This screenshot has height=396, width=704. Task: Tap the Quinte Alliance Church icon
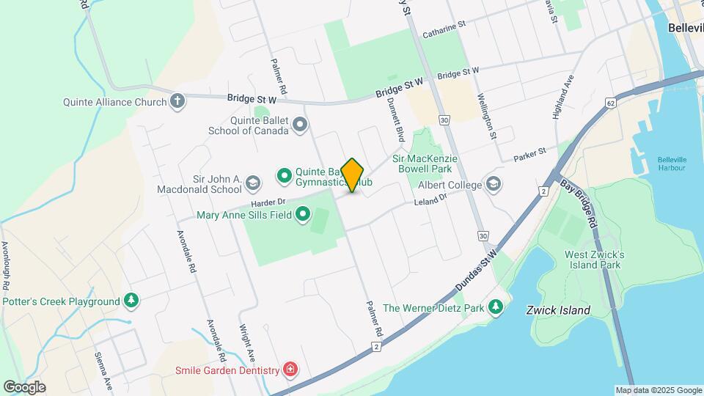point(177,101)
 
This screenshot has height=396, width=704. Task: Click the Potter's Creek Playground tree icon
point(131,301)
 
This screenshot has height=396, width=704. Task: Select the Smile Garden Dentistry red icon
point(291,369)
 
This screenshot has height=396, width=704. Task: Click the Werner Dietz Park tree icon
point(496,307)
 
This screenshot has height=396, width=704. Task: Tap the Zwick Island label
point(558,310)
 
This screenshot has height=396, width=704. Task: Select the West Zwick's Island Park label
point(594,260)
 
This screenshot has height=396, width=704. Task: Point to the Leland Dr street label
point(430,201)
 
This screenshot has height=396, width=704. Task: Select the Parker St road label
point(530,154)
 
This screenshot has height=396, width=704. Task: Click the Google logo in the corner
point(24,386)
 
